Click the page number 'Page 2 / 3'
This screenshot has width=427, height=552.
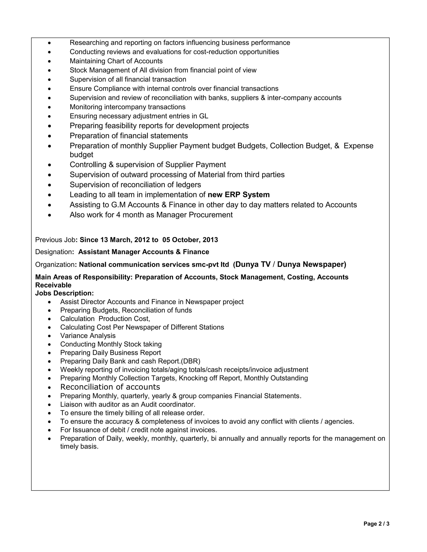click(376, 524)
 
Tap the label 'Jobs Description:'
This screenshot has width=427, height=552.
click(64, 293)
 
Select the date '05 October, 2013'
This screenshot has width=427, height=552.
click(190, 240)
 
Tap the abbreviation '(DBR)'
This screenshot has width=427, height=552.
click(191, 361)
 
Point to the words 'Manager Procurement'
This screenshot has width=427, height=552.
click(194, 215)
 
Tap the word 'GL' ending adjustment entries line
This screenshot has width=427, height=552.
click(204, 116)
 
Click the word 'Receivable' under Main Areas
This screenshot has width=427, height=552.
click(53, 285)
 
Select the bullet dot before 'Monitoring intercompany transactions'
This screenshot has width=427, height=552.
click(49, 107)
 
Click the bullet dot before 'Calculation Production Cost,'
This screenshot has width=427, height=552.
click(49, 319)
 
